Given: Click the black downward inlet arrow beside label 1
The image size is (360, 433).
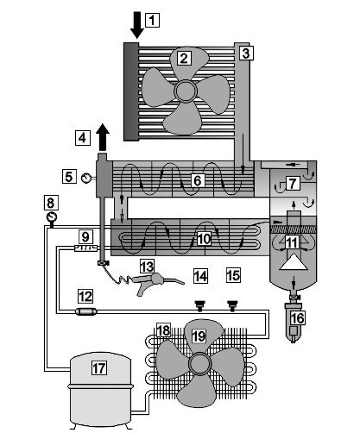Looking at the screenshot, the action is coord(137,25).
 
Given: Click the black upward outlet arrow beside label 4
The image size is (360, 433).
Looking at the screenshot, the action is coord(103,137).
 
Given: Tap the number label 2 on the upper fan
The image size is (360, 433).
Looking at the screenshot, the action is coord(184,59).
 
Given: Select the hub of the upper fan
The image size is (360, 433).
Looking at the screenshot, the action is coord(186,91).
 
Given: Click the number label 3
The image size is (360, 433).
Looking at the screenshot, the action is coord(246,53).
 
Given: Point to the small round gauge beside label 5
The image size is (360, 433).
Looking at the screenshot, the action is coord(85,179).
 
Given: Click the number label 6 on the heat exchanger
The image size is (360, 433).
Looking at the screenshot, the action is coord(198,180).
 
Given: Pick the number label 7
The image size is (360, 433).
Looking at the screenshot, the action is coord(292,183).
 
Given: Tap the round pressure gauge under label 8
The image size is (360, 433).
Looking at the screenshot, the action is coord(52,217).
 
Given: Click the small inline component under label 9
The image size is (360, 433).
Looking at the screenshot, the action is coord(85,248).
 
